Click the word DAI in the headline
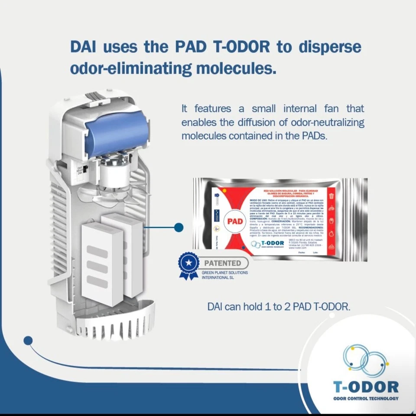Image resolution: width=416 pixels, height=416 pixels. (83, 47)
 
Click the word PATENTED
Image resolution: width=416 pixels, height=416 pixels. (223, 263)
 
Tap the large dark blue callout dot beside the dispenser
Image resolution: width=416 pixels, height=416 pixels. (179, 227)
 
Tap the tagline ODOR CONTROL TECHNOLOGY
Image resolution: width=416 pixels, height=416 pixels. (366, 398)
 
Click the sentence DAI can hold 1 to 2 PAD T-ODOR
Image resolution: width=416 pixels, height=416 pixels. (279, 307)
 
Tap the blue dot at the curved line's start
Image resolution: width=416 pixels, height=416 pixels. (28, 341)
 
